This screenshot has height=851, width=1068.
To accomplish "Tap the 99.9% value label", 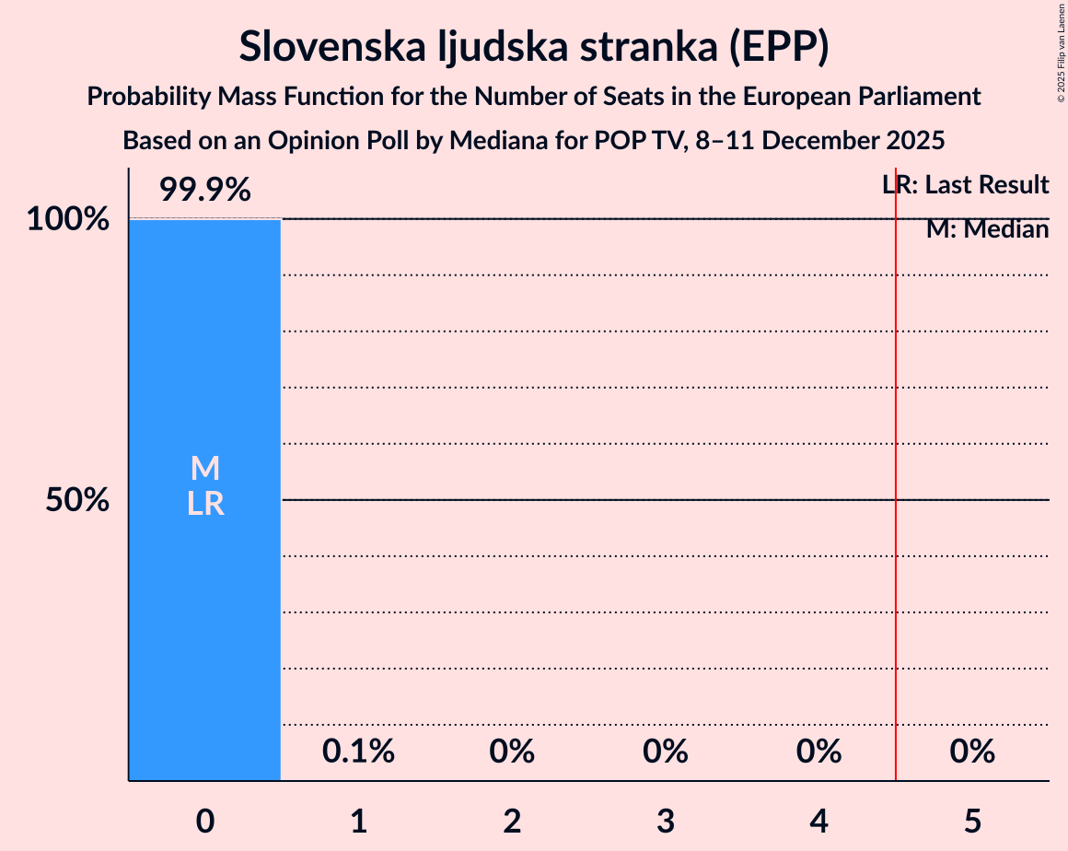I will [204, 191].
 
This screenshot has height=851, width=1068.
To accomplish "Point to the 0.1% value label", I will [358, 752].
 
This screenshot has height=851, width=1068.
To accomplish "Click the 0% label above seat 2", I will [512, 752].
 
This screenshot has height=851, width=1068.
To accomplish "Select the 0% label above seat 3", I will [666, 752].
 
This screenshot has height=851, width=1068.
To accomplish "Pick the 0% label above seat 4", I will [819, 752].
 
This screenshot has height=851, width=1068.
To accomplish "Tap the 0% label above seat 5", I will [972, 752].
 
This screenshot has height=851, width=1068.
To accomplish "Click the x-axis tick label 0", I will [205, 822].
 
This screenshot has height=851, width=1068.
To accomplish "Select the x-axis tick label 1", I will [359, 822].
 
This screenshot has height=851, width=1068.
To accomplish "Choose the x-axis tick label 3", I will [666, 822].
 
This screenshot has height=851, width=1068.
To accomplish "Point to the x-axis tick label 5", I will [973, 822].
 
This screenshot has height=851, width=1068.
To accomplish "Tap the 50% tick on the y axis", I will [78, 501].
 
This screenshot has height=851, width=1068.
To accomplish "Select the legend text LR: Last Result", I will [965, 185].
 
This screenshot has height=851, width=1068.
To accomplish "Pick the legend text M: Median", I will [987, 229].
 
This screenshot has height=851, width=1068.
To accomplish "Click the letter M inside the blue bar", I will [204, 469].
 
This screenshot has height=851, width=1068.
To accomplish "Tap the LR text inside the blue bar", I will [204, 504].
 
